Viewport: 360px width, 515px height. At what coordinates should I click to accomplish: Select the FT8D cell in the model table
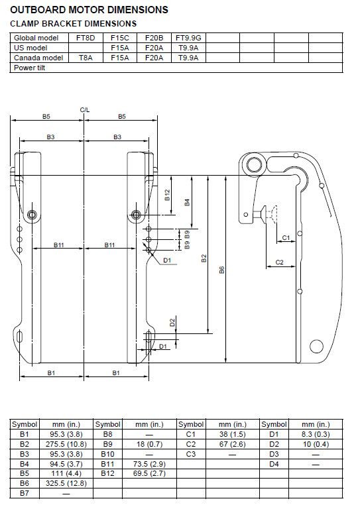tap(86, 38)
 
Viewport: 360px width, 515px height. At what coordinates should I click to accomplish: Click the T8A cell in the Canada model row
tap(86, 58)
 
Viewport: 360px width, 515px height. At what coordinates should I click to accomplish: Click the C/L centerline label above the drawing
tap(84, 109)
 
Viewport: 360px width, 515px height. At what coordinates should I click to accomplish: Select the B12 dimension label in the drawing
tap(167, 195)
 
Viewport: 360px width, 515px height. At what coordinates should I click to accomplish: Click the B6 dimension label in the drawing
tap(222, 269)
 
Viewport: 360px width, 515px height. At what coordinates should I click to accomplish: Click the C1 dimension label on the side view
tap(285, 237)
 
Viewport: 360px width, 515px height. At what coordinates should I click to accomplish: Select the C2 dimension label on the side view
tap(279, 262)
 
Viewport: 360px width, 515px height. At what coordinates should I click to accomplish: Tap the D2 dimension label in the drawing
tap(172, 323)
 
